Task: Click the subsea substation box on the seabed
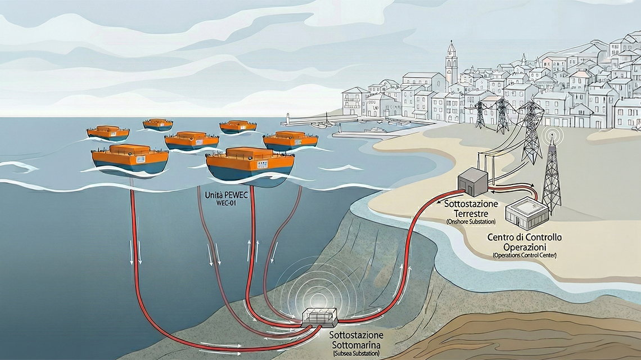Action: point(318,317)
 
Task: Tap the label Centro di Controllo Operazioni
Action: point(525,242)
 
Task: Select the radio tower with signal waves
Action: point(551,174)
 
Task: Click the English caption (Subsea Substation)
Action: point(356,353)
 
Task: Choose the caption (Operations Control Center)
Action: point(525,255)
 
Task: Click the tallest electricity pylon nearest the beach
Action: point(531,132)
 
